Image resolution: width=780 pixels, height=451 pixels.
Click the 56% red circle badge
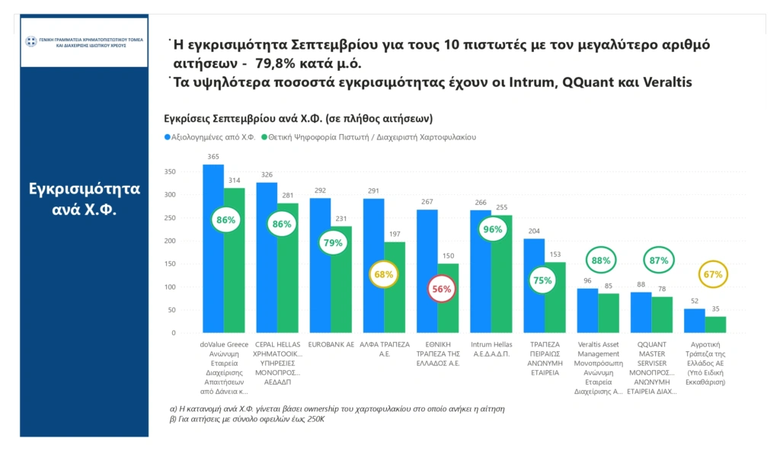point(442,289)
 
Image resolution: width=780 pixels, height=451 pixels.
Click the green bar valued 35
point(715,325)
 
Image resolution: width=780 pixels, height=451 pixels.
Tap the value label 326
point(267,174)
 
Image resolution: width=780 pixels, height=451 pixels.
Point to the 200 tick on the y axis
point(170,241)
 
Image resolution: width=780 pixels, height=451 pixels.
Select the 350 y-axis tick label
point(170,171)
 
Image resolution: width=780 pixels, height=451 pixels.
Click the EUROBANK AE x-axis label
point(331,345)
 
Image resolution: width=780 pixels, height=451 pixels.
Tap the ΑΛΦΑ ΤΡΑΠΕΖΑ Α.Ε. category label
point(384,349)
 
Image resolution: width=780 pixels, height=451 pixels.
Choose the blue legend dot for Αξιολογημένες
point(168,137)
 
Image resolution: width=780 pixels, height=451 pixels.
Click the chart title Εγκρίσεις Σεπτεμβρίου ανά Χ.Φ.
point(299,118)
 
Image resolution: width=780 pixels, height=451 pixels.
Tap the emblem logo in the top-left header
point(31,41)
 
